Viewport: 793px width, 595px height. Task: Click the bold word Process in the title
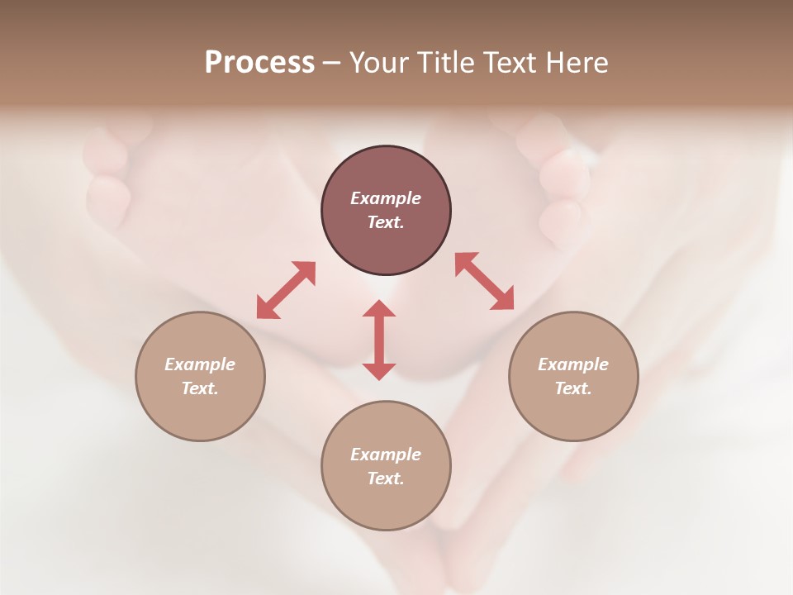coord(259,63)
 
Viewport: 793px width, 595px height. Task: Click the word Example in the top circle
coord(386,198)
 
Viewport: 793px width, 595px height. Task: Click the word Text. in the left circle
coord(200,388)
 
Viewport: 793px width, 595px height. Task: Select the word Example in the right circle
coord(573,364)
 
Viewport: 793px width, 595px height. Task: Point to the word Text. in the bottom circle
coord(386,478)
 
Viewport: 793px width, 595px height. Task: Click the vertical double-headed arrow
coord(379,340)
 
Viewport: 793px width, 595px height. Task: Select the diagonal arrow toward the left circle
coord(286,290)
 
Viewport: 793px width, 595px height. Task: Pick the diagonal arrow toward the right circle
coord(484,281)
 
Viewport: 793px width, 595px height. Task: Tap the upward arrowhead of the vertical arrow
coord(379,309)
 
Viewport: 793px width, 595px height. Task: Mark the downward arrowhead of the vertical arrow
coord(379,371)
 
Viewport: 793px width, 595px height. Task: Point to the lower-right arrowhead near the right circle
coord(504,301)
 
